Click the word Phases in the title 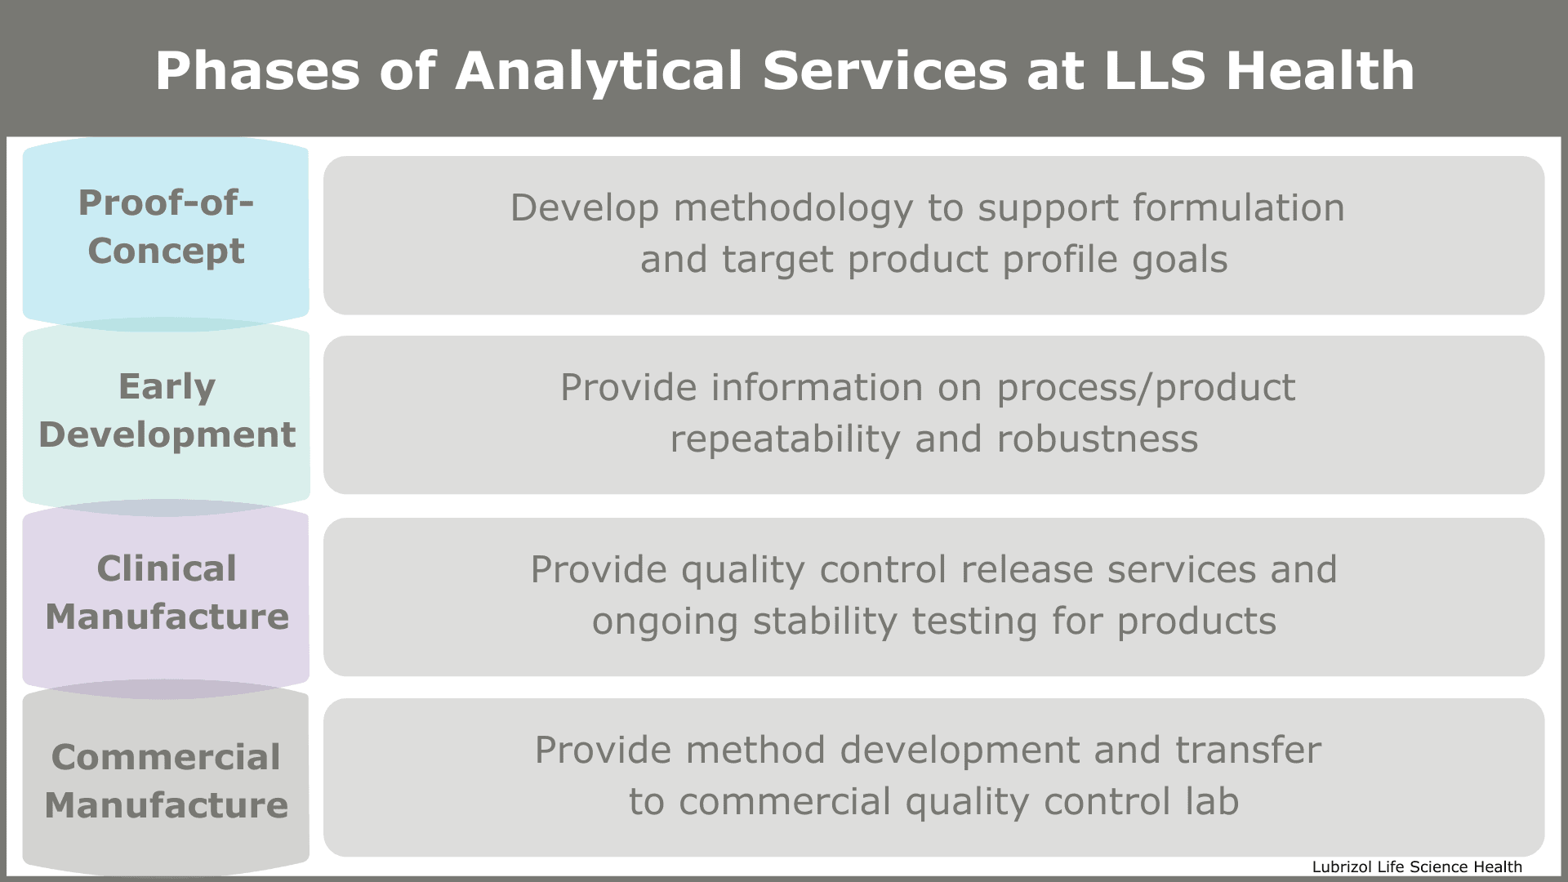(257, 71)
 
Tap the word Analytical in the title (599, 71)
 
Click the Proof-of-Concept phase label (166, 226)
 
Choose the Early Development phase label (167, 410)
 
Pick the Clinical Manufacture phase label (167, 592)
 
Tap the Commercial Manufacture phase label (166, 781)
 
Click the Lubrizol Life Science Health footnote (1416, 867)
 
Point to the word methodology (793, 209)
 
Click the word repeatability (785, 440)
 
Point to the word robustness (1098, 439)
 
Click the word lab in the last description (1212, 802)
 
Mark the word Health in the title (1320, 71)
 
